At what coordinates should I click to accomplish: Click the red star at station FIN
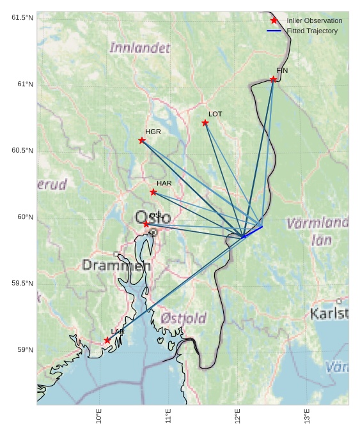(273, 79)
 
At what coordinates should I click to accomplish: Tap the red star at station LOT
(205, 123)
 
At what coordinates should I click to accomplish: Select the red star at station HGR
(142, 141)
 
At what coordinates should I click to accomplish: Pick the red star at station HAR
(153, 192)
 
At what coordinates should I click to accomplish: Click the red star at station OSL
(146, 224)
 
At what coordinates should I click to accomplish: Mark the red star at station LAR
(107, 340)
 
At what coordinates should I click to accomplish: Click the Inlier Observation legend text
(314, 20)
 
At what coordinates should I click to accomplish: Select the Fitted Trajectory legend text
(312, 31)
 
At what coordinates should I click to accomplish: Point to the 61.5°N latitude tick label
(22, 18)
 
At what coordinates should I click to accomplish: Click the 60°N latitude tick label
(25, 217)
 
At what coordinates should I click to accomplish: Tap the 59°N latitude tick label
(25, 350)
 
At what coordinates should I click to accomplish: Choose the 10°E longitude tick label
(99, 416)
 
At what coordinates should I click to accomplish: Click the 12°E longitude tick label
(238, 416)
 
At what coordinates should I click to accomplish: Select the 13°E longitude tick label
(307, 416)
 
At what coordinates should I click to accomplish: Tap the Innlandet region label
(140, 48)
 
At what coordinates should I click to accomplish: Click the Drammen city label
(116, 265)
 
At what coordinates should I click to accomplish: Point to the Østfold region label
(184, 318)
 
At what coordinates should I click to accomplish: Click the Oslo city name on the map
(153, 217)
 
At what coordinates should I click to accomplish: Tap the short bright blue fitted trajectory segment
(252, 231)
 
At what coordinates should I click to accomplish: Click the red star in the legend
(274, 20)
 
